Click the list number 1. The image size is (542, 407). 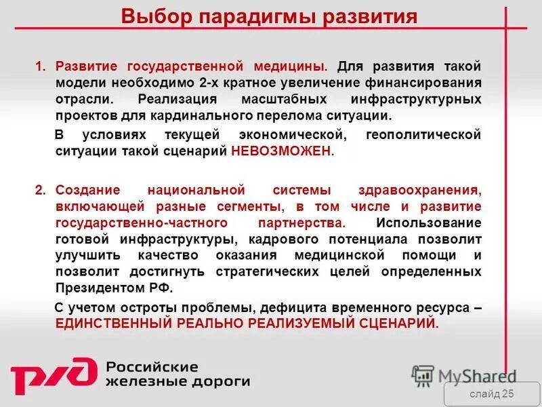pos(39,66)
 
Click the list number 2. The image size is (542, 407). pos(39,190)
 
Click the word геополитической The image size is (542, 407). pos(423,134)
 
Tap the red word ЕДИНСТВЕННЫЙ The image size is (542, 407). pos(114,324)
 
